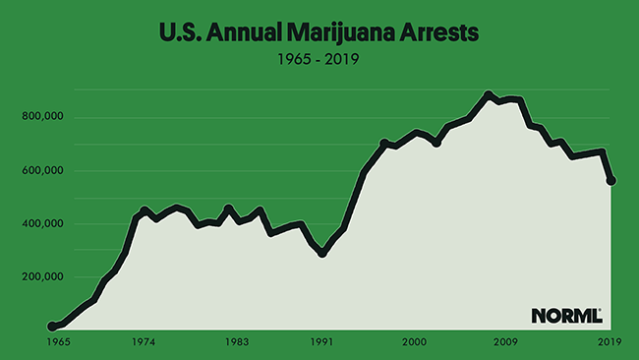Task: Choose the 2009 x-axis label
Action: point(506,342)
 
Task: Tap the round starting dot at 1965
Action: point(51,327)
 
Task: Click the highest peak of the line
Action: point(489,95)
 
